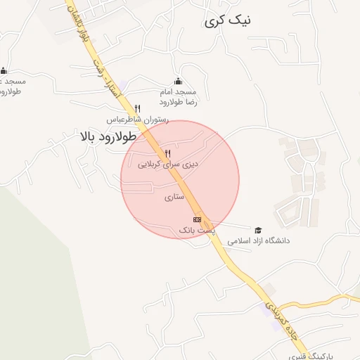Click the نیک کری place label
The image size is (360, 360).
tap(227, 21)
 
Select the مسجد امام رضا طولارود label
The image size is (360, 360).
tap(180, 97)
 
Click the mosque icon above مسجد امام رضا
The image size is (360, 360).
tap(177, 81)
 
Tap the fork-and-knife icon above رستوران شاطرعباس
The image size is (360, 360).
tap(137, 108)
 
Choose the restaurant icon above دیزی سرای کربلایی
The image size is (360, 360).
tap(167, 153)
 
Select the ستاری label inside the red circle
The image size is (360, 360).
tap(174, 198)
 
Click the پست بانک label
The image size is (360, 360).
tap(195, 230)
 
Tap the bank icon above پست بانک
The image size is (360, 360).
tap(196, 219)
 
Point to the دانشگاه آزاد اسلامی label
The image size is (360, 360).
tap(258, 240)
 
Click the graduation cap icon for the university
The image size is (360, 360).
tap(258, 230)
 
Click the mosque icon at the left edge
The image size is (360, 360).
tap(4, 70)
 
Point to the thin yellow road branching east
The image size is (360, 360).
tap(316, 301)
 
